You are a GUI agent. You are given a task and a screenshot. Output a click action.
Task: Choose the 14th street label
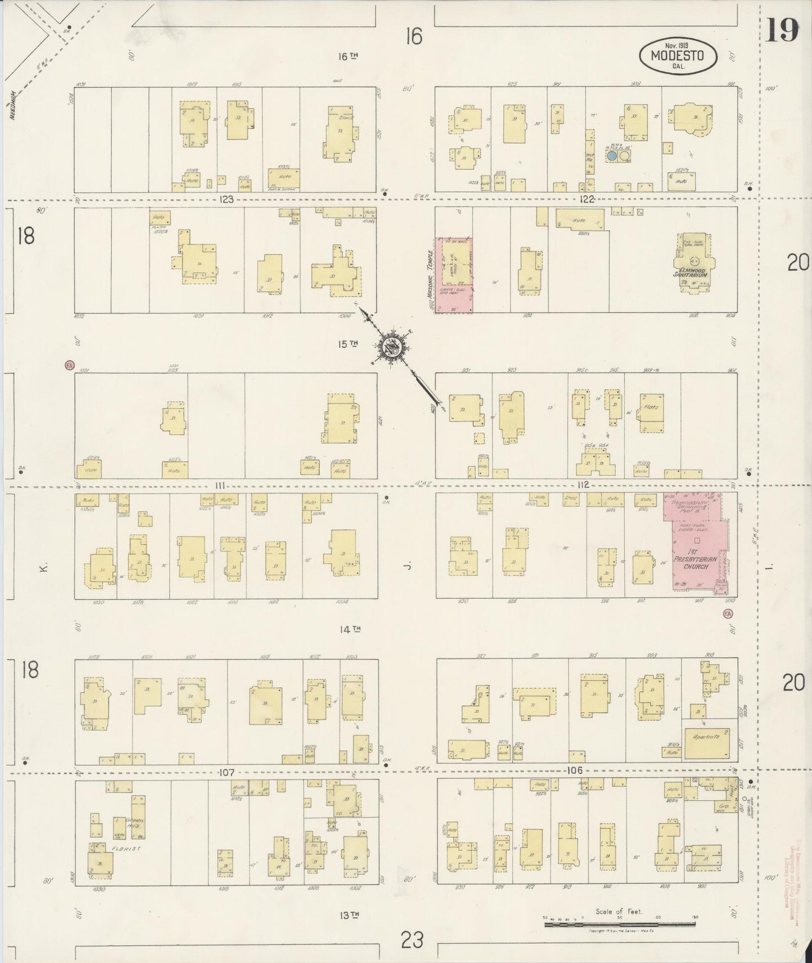(348, 630)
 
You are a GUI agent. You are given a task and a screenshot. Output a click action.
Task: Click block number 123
(226, 199)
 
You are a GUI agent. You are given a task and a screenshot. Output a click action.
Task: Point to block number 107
(226, 772)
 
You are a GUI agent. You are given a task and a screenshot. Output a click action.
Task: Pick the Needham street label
(12, 106)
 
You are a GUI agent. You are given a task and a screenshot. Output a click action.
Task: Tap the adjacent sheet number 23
(412, 939)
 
